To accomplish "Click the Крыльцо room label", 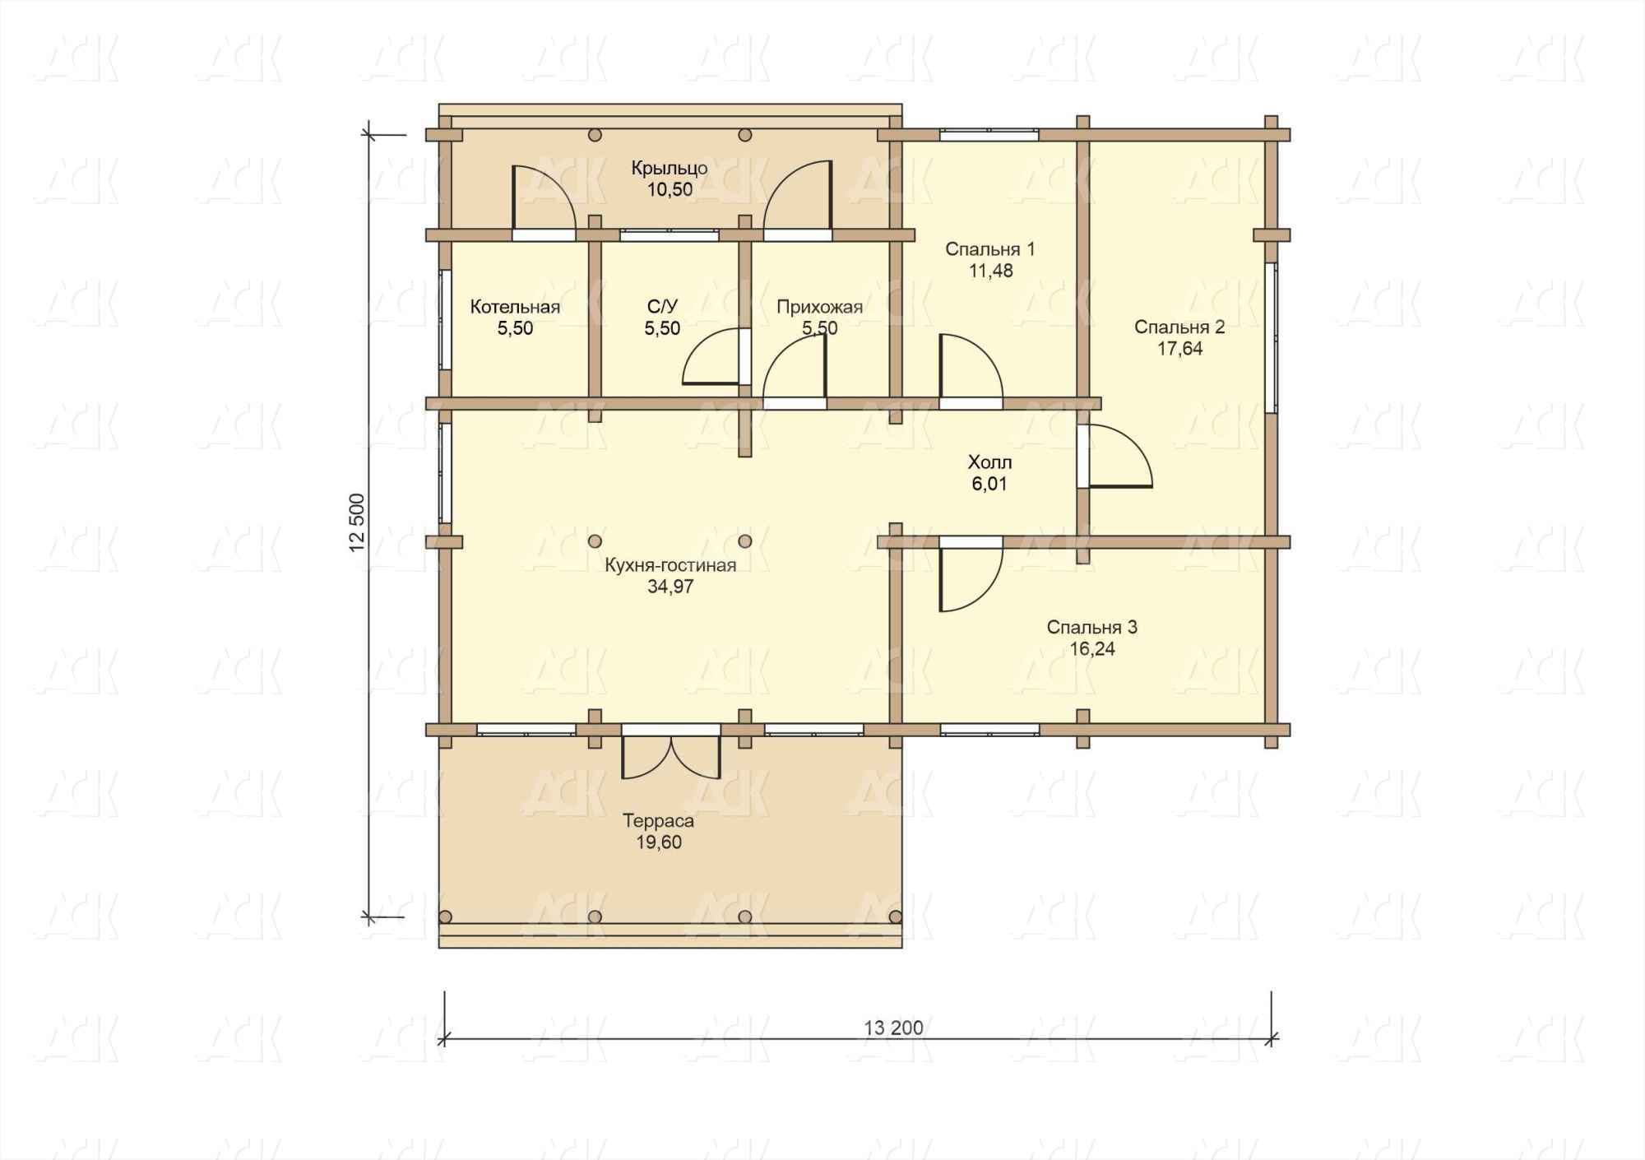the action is point(670,169).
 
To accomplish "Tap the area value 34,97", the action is point(670,587).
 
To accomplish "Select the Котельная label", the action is point(515,307).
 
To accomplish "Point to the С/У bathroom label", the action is point(662,307).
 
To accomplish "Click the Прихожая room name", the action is point(820,307).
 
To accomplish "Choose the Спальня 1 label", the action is point(990,249).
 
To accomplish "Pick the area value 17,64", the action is point(1179,349).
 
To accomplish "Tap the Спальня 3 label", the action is point(1091,628).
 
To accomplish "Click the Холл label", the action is point(989,462).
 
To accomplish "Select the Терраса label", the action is point(658,821).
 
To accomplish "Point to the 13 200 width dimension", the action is point(893,1028).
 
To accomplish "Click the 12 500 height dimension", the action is point(357,522).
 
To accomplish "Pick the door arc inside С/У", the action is point(712,356).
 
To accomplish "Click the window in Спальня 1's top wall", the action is point(989,135).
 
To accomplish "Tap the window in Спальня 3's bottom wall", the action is point(989,730).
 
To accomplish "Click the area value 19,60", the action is point(658,842).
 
